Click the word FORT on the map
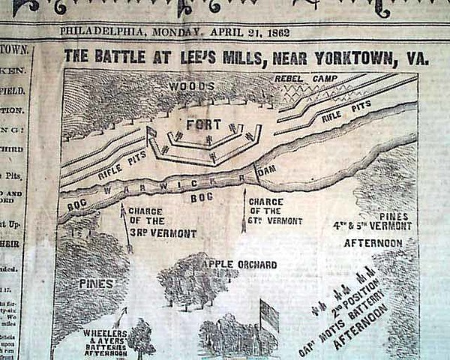203,124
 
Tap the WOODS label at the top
181,86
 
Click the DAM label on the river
266,170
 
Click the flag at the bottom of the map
268,315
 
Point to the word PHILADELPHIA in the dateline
102,32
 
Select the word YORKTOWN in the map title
368,58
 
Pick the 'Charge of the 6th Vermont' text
275,211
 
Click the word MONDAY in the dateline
176,32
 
